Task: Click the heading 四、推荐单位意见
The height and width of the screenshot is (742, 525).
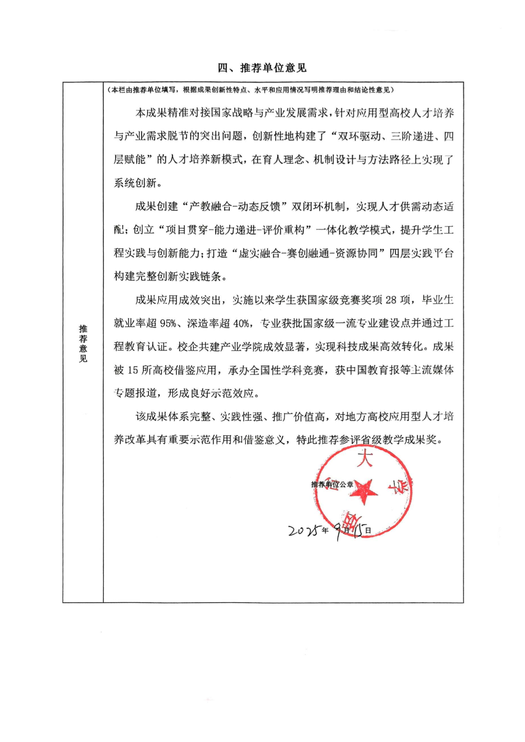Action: pos(262,68)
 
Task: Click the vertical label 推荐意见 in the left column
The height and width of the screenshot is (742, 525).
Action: pos(83,344)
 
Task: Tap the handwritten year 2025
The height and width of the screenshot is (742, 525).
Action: pos(304,531)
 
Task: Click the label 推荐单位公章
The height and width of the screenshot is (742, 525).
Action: pos(332,484)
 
